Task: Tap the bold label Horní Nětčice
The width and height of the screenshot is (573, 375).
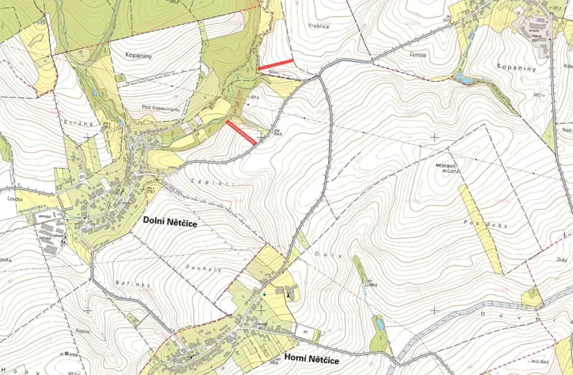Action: [x=313, y=361]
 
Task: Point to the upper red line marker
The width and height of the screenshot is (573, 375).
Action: [x=274, y=63]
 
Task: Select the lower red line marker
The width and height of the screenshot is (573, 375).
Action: [x=241, y=132]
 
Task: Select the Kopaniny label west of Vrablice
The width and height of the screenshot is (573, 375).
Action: [x=139, y=57]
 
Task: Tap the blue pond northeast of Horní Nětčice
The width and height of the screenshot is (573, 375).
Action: [x=378, y=324]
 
